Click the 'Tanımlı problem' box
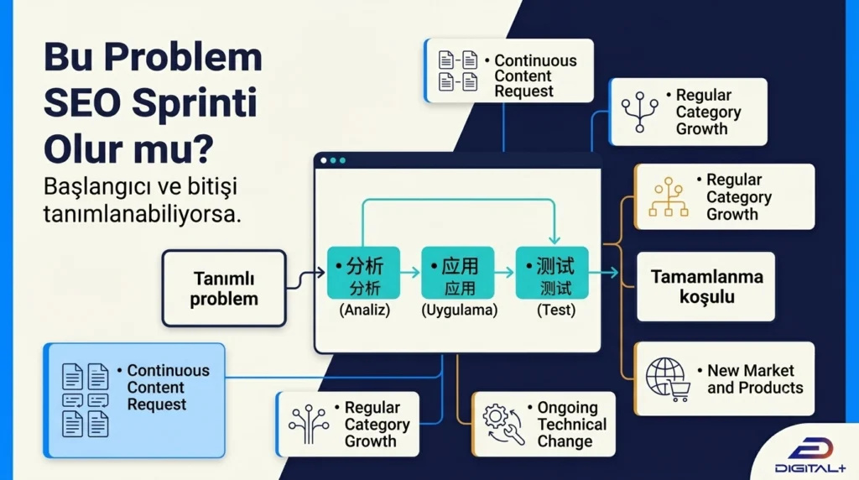tap(224, 288)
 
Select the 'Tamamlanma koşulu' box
tap(706, 287)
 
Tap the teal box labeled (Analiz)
tap(364, 273)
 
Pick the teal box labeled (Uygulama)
tap(458, 273)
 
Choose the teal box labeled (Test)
tap(552, 273)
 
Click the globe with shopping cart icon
tap(667, 379)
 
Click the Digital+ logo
tap(810, 455)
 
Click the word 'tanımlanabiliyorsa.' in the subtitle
tap(143, 214)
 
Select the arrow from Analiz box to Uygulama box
tap(409, 273)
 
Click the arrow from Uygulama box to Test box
tap(504, 273)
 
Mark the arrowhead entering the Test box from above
tap(554, 240)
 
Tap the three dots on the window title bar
tap(333, 160)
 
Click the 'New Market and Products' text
tap(755, 378)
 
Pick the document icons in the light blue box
tap(85, 400)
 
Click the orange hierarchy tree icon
tap(669, 196)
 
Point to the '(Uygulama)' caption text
tap(459, 310)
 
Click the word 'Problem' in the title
tap(183, 56)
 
